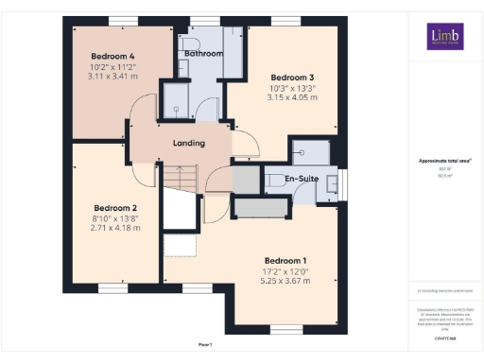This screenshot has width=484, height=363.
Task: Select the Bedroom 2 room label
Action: tap(115, 208)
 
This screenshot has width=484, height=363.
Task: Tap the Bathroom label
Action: tap(203, 55)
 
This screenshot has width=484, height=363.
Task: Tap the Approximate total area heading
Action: tap(444, 161)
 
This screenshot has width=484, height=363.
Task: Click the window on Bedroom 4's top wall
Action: tap(120, 21)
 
